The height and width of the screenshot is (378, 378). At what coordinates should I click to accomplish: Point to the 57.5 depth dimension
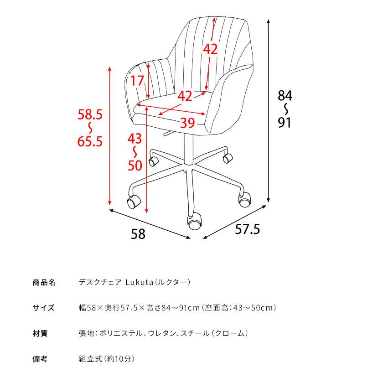tap(248, 229)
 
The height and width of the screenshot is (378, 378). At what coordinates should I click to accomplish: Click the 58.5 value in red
tap(90, 114)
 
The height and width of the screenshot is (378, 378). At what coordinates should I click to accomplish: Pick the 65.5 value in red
tap(90, 142)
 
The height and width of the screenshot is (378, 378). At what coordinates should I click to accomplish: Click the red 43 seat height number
tap(135, 138)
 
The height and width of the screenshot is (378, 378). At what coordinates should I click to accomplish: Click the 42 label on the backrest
tap(210, 49)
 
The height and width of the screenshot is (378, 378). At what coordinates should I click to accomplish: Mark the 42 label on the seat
tap(185, 96)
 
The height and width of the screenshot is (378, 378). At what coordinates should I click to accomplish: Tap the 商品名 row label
tap(44, 282)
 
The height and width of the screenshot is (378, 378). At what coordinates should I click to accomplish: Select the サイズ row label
tap(44, 308)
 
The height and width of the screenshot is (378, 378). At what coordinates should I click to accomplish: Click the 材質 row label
tap(40, 333)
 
